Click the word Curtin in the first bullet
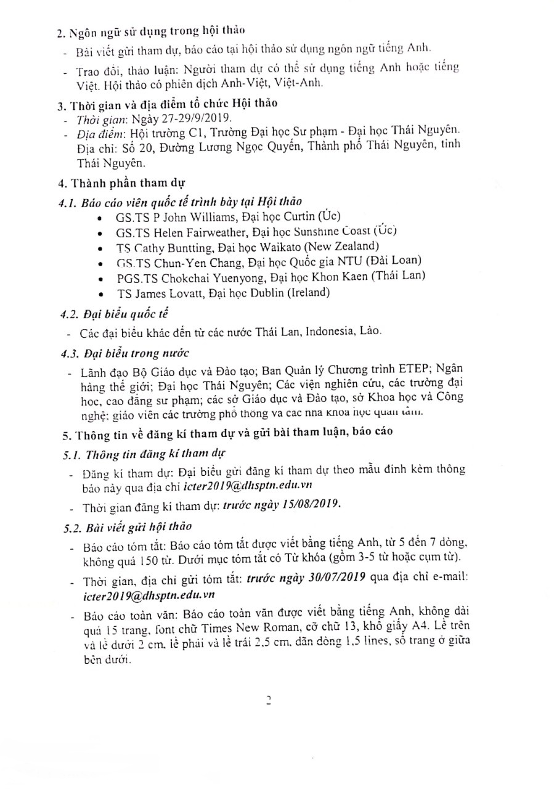pos(296,217)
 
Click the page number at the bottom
pos(268,700)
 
